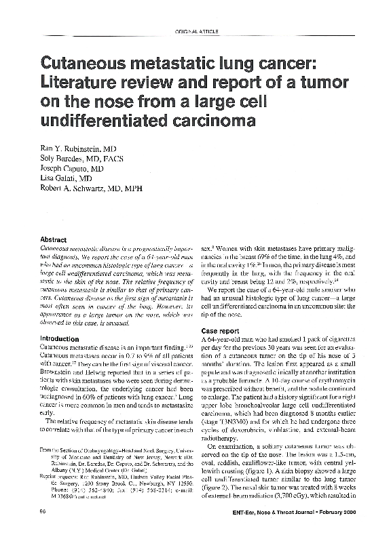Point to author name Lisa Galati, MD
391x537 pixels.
click(69, 180)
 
